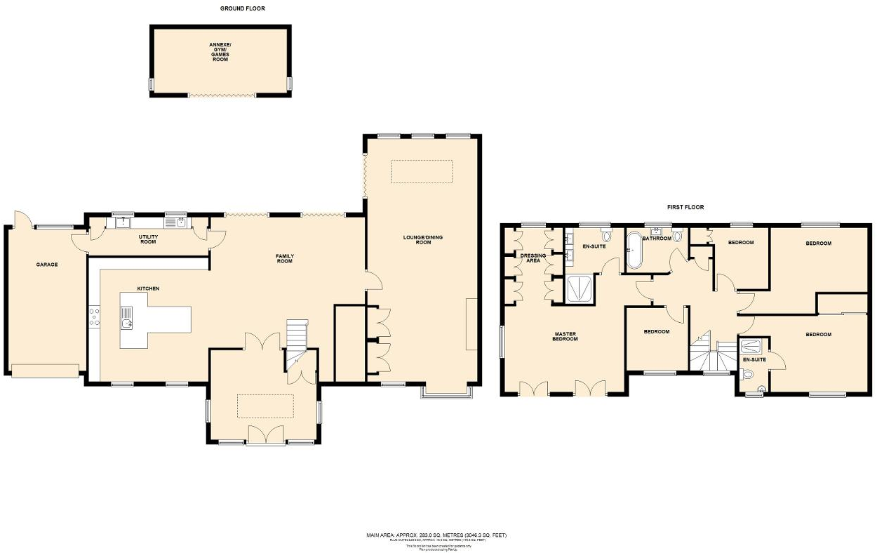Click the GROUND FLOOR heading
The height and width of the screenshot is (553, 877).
pyautogui.click(x=242, y=8)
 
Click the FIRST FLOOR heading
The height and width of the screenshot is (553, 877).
pyautogui.click(x=685, y=207)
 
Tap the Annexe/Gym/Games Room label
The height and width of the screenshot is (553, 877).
pyautogui.click(x=220, y=53)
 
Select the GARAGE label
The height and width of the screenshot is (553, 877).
pyautogui.click(x=47, y=265)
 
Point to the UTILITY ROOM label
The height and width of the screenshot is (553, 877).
pyautogui.click(x=148, y=239)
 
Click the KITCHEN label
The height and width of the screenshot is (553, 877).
pyautogui.click(x=148, y=288)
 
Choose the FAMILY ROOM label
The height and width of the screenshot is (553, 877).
pyautogui.click(x=284, y=258)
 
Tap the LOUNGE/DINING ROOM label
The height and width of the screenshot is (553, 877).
pyautogui.click(x=423, y=239)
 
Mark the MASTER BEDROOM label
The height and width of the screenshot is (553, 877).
pyautogui.click(x=565, y=336)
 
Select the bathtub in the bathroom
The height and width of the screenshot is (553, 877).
pyautogui.click(x=634, y=251)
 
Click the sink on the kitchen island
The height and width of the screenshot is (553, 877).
pyautogui.click(x=127, y=324)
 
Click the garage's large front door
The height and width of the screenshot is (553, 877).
pyautogui.click(x=45, y=371)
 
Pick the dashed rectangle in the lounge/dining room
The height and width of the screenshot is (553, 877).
pyautogui.click(x=422, y=172)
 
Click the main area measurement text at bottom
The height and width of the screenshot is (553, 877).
pyautogui.click(x=436, y=535)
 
